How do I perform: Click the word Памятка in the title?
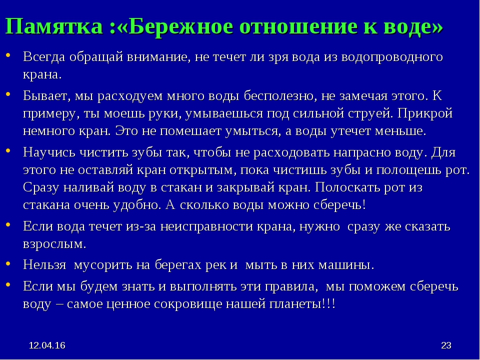(x=54, y=26)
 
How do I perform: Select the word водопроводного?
(x=392, y=57)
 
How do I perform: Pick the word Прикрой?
(x=425, y=113)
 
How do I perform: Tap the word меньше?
(x=400, y=131)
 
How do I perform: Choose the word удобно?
(x=137, y=205)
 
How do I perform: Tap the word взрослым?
(x=54, y=244)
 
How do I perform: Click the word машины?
(x=346, y=265)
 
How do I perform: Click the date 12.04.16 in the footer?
(x=47, y=345)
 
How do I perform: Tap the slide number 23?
(x=446, y=345)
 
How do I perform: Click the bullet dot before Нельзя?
(x=8, y=263)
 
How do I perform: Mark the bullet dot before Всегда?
(x=8, y=55)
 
